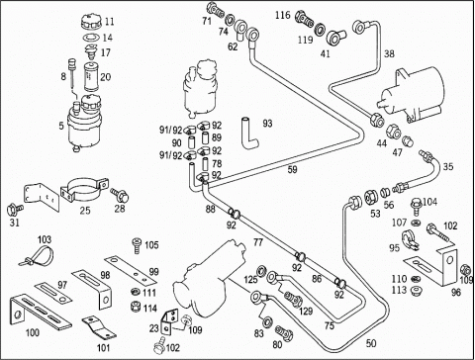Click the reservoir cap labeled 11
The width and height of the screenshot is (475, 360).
tap(90, 23)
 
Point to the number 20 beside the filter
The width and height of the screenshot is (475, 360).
tap(106, 77)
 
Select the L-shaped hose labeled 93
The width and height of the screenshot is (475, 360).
tap(249, 134)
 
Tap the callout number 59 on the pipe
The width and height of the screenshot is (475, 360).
tap(292, 170)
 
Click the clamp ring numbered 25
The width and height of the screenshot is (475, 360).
tap(84, 190)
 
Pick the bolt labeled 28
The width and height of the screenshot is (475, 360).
tap(120, 195)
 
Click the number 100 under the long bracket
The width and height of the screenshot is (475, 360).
tap(33, 332)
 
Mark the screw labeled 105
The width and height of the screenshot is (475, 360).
tap(137, 245)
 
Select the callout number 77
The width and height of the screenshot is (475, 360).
tap(258, 242)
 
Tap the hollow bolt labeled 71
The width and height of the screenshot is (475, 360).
tap(217, 10)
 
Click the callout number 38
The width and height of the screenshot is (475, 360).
tap(389, 53)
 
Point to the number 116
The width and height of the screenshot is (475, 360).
tap(283, 15)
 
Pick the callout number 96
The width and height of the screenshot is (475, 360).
tap(455, 293)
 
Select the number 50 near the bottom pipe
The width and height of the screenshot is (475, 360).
tap(371, 343)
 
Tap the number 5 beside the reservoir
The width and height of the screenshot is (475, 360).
tap(61, 126)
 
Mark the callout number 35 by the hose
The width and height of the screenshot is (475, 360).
tap(447, 167)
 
